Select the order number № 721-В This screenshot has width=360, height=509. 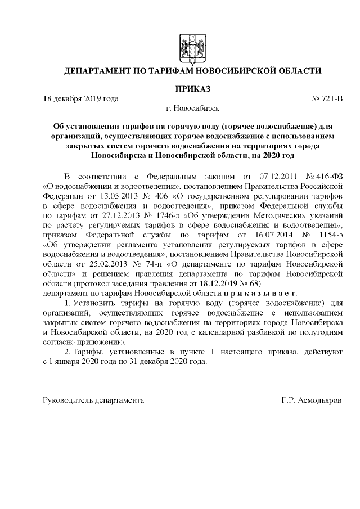click(x=326, y=99)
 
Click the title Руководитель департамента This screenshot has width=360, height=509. click(x=93, y=400)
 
